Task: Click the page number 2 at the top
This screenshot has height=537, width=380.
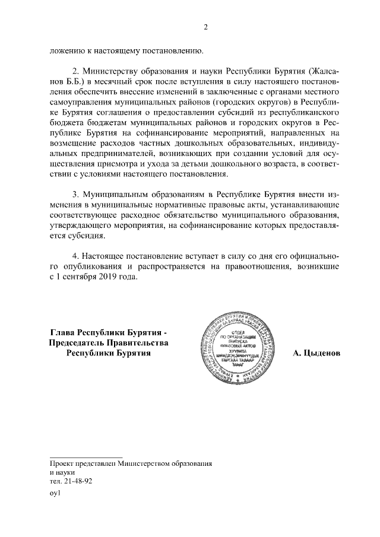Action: [205, 27]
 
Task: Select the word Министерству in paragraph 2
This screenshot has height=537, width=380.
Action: [110, 72]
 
